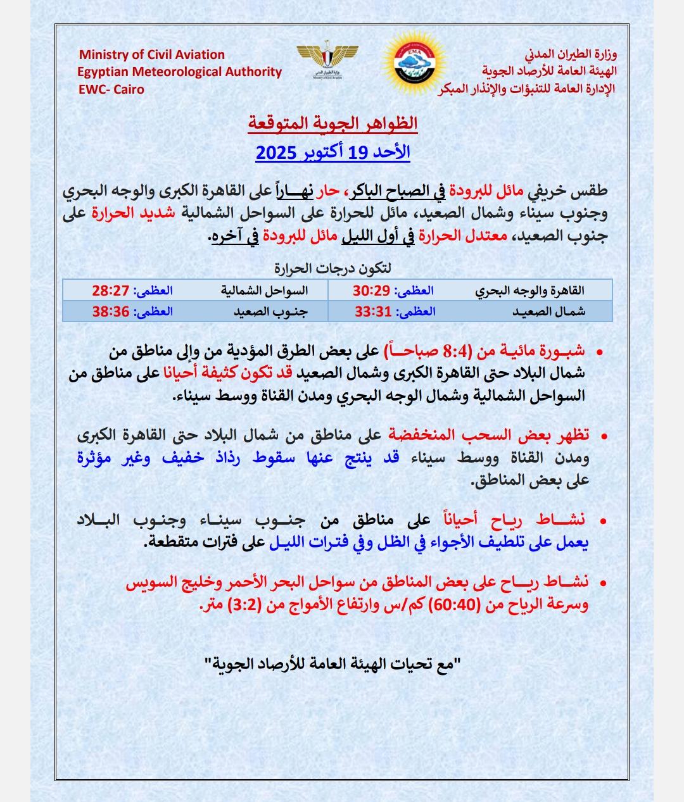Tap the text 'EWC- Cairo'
click(111, 89)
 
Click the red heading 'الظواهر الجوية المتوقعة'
click(332, 123)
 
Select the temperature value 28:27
click(111, 291)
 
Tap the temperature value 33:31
click(372, 311)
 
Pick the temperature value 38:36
click(111, 311)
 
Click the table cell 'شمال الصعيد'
click(548, 311)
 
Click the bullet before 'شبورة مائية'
click(599, 351)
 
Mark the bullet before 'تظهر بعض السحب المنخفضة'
click(602, 435)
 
